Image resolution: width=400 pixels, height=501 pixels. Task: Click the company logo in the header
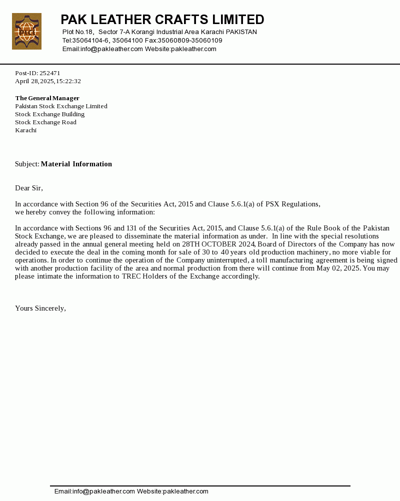click(26, 32)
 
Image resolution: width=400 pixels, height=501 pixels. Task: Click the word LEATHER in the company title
click(119, 20)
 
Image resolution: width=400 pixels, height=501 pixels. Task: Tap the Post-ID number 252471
click(50, 73)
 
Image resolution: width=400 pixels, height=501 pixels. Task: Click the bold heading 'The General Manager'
click(47, 98)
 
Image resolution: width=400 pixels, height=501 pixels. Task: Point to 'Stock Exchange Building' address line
click(49, 114)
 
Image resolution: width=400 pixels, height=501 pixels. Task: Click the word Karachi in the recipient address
click(25, 130)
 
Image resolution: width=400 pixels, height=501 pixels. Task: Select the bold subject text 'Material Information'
click(76, 164)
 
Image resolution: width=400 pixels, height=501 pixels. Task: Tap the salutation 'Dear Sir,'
click(29, 188)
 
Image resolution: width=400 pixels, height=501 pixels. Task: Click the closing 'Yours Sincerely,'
click(40, 308)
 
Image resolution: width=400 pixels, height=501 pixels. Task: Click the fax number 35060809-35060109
click(190, 41)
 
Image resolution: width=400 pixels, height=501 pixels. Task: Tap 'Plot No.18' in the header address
click(78, 32)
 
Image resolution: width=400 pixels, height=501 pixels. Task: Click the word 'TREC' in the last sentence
click(131, 276)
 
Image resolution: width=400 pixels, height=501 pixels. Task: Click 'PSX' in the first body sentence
click(273, 204)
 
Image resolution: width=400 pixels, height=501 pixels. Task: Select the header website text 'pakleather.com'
click(193, 49)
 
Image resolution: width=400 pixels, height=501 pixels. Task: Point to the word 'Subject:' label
click(27, 164)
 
